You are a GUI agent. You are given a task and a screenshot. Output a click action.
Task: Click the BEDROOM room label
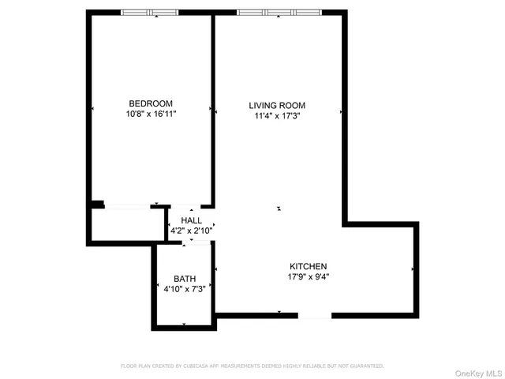tap(151, 103)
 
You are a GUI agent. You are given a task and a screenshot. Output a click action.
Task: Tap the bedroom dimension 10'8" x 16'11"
tap(151, 114)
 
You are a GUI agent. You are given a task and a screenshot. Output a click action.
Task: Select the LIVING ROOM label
tap(277, 105)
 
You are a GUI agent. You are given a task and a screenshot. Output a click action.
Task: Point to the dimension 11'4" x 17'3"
tap(277, 116)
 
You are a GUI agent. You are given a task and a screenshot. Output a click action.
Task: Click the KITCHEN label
tap(308, 267)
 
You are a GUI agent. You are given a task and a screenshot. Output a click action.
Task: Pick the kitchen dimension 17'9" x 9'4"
tap(308, 277)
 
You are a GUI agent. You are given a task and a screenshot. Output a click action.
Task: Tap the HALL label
tap(191, 220)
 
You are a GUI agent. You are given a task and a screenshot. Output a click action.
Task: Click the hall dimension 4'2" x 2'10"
tap(191, 231)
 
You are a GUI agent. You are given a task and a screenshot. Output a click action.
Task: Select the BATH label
tap(185, 279)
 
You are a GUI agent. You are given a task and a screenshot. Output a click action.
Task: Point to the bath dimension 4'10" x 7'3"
tap(185, 290)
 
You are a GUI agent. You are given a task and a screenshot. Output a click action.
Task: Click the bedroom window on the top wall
tap(150, 13)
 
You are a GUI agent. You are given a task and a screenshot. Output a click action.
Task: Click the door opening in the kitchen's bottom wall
tap(314, 315)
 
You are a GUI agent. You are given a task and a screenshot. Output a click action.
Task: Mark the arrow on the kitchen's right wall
tap(413, 269)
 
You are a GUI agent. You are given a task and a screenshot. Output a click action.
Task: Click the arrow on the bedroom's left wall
tap(92, 109)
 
